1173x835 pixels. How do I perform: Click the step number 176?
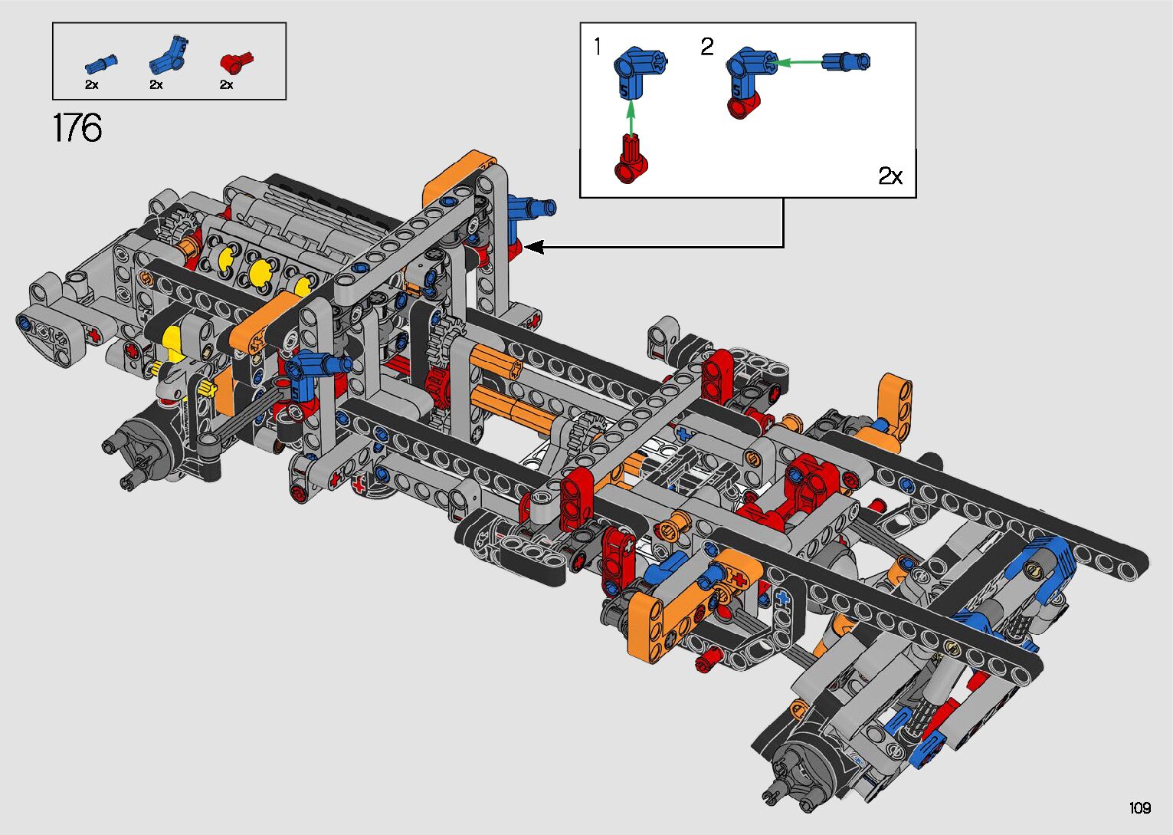[77, 127]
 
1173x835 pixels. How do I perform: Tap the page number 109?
[1139, 807]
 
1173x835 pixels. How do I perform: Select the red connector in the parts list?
[237, 63]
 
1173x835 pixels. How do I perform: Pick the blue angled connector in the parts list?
[168, 55]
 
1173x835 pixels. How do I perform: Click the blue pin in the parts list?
[100, 64]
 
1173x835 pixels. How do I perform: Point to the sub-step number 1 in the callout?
[598, 48]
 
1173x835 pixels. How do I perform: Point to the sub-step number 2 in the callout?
[706, 48]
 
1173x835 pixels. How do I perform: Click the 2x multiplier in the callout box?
[890, 176]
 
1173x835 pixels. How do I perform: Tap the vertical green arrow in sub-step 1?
[631, 117]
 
